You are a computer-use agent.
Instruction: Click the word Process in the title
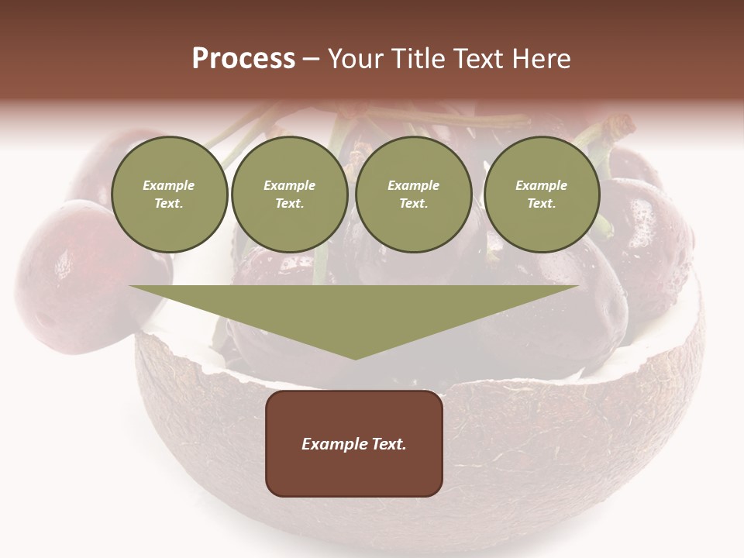click(243, 59)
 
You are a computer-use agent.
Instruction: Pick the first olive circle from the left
click(169, 195)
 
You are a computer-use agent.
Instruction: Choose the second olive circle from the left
click(290, 195)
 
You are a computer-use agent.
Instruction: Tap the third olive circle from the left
click(413, 195)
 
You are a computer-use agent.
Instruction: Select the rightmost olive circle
click(542, 195)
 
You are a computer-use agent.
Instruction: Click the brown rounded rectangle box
click(354, 443)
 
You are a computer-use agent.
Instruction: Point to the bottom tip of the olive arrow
click(354, 359)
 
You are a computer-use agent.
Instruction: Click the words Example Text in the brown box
click(354, 444)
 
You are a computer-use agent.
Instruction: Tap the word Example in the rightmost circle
click(542, 185)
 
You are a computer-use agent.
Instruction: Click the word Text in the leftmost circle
click(169, 204)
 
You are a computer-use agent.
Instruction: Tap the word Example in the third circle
click(413, 185)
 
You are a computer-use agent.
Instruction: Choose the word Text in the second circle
click(290, 204)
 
